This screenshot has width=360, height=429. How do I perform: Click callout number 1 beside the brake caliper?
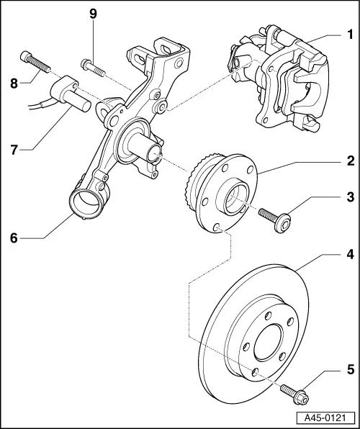[350, 35]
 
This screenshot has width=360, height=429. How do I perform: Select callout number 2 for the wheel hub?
[351, 161]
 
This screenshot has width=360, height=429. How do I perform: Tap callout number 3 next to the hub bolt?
[351, 197]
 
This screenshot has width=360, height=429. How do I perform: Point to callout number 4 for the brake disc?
[350, 254]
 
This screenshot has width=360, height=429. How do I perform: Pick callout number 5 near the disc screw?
[351, 370]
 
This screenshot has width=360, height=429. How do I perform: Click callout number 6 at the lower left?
[14, 238]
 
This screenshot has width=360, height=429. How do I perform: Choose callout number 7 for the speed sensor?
[14, 150]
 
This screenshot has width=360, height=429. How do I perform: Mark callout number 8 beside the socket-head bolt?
[14, 83]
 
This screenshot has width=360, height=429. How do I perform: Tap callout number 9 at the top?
[94, 14]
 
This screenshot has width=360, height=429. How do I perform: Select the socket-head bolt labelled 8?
[35, 62]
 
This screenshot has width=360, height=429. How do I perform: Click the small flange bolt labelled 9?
[93, 68]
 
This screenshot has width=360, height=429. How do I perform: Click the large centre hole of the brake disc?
[268, 342]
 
